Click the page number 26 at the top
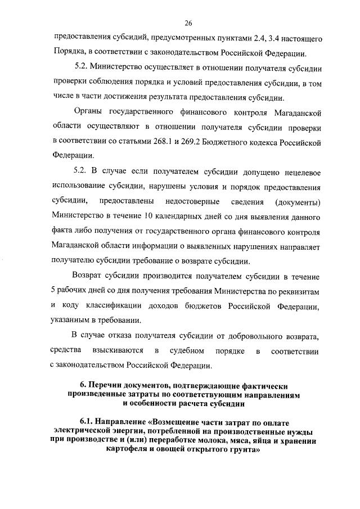click(188, 23)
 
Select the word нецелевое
click(299, 172)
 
